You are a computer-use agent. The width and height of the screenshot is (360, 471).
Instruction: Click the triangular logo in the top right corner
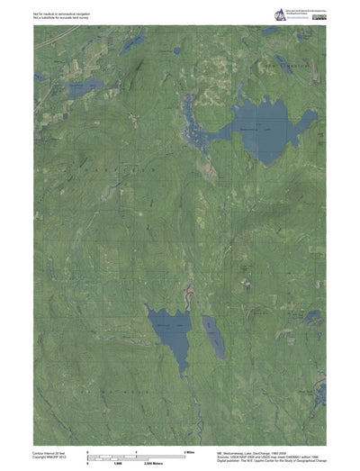point(280,13)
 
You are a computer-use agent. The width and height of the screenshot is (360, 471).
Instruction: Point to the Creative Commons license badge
point(318,18)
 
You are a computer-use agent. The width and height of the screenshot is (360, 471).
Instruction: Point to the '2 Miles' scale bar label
point(190,449)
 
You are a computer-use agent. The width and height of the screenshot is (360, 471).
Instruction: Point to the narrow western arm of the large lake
point(193,122)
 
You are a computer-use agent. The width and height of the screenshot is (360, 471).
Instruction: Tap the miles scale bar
point(135,454)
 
